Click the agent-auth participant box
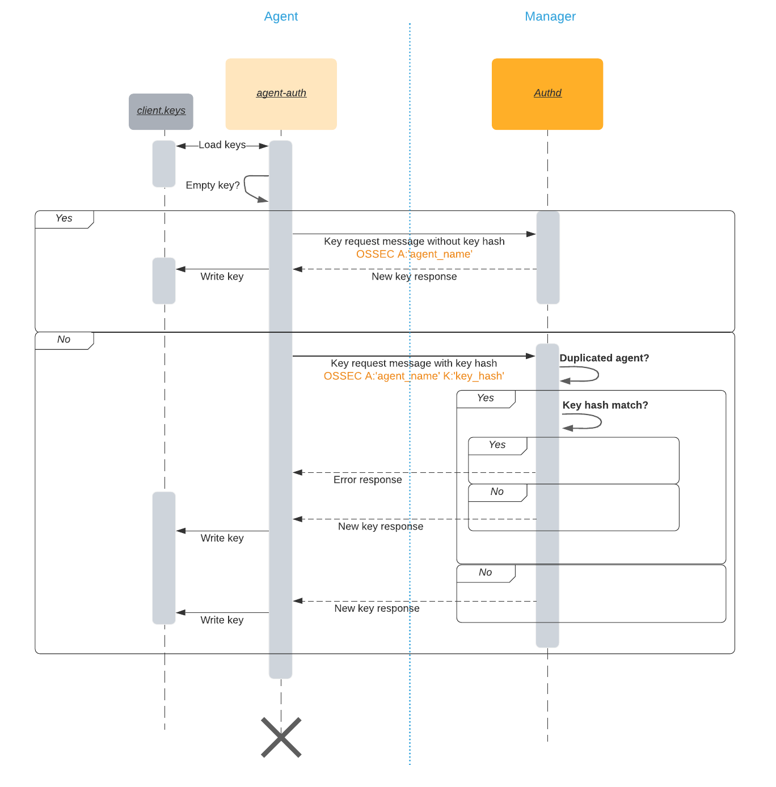tap(281, 94)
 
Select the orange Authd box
tap(547, 94)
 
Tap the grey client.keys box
tap(161, 111)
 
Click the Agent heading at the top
tap(281, 16)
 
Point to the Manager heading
tap(550, 16)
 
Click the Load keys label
tap(222, 145)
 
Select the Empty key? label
tap(213, 185)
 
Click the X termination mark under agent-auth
tap(281, 737)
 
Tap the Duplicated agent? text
tap(604, 358)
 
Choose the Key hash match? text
tap(605, 405)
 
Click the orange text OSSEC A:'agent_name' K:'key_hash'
tap(414, 376)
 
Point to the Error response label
tap(368, 480)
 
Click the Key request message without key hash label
tap(414, 242)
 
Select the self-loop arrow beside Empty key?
tap(252, 188)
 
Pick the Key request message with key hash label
tap(414, 363)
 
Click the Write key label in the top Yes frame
tap(222, 277)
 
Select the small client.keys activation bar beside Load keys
tap(164, 164)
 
